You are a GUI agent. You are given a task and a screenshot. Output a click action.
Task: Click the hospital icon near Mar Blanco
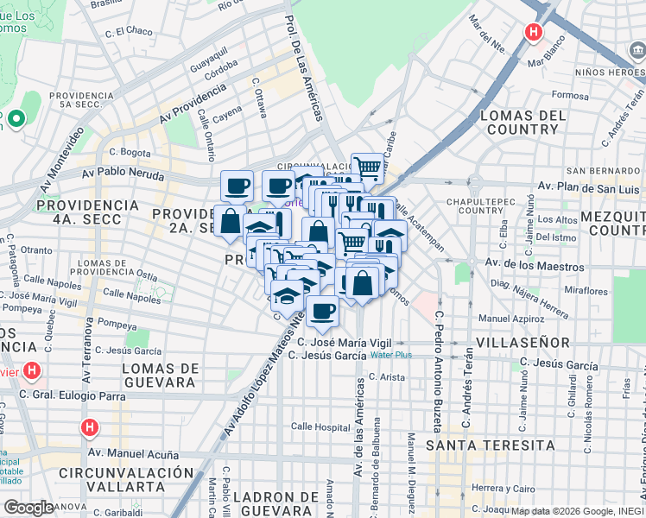[534, 34]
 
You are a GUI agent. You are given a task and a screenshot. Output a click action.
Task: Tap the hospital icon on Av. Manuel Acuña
[89, 427]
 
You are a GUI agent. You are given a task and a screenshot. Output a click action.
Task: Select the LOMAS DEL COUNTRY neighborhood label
[522, 123]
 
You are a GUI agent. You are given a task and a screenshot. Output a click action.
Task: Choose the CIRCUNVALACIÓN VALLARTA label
[126, 480]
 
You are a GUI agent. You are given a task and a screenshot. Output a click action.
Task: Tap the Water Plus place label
[391, 355]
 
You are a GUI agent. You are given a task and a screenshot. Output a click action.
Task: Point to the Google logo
[29, 508]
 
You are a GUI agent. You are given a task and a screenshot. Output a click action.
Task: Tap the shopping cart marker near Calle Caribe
[368, 166]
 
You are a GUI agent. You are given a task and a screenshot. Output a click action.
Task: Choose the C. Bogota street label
[130, 152]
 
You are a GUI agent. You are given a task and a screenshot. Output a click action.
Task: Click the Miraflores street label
[587, 292]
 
